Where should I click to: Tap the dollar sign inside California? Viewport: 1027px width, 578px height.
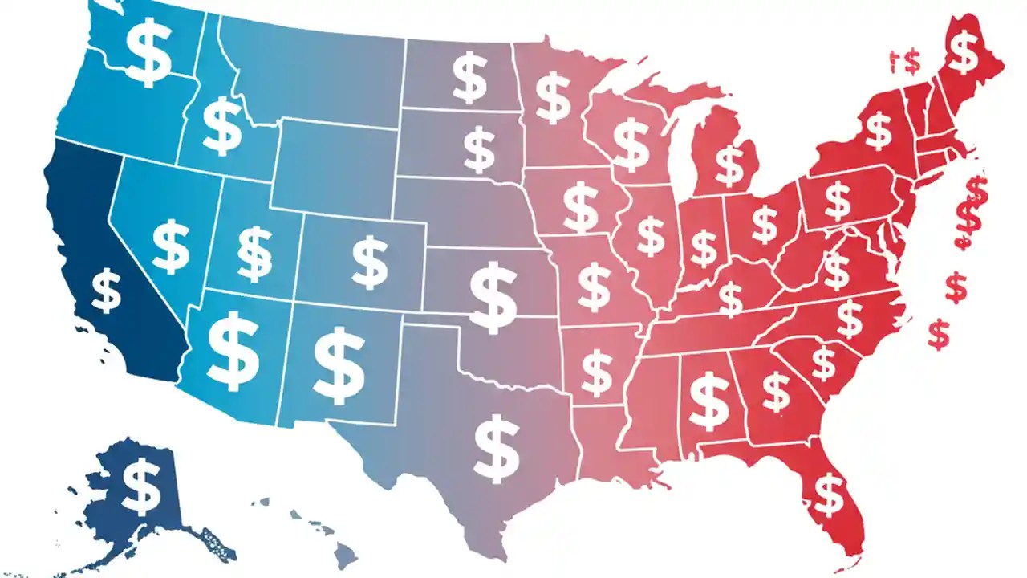(x=106, y=291)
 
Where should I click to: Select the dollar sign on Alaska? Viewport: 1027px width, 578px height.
(x=141, y=488)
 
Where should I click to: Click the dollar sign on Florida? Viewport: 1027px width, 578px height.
(x=828, y=493)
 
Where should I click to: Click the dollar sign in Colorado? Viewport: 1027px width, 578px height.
(x=370, y=261)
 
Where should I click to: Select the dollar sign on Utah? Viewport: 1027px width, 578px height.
(x=255, y=254)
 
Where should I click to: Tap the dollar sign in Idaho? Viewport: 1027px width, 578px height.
(x=221, y=126)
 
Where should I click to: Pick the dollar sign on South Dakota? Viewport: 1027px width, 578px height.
(x=479, y=149)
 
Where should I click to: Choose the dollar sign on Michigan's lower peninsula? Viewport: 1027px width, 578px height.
(x=729, y=164)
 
